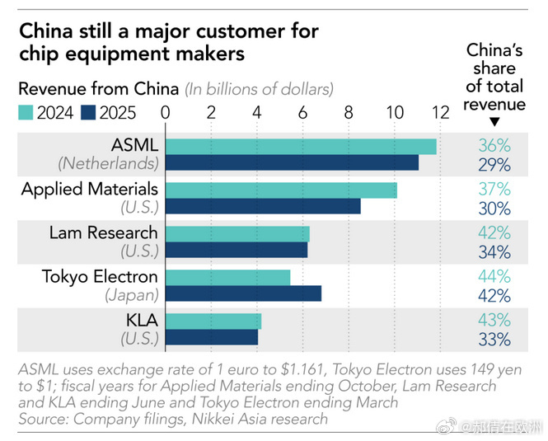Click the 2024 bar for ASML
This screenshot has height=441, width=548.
302,146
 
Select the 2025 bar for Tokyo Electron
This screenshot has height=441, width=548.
244,293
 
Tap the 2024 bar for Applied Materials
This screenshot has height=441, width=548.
282,190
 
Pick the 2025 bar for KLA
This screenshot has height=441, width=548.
213,337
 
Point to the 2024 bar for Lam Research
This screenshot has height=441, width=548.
238,233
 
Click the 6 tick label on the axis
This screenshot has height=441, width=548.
303,113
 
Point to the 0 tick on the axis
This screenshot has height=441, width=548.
166,113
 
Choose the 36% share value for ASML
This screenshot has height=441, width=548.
494,146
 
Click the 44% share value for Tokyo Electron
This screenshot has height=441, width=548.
494,277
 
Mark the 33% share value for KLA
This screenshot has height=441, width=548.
494,338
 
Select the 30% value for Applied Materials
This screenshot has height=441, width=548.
494,208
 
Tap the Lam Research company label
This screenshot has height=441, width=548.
103,233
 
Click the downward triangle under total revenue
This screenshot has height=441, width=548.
494,121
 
